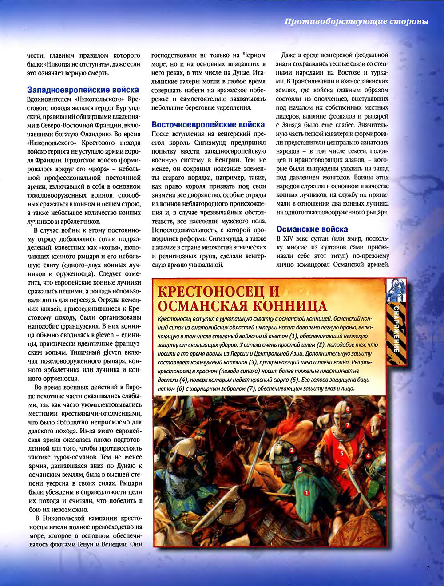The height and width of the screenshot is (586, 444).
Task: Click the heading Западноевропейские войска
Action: [x=83, y=90]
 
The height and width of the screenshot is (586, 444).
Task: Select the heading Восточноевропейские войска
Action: [x=208, y=125]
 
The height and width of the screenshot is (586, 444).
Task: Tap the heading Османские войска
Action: [x=312, y=229]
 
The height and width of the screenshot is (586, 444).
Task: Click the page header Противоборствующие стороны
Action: [x=356, y=21]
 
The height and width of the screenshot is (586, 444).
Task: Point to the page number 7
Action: [x=428, y=567]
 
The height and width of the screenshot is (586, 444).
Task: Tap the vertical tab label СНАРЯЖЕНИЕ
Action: [x=396, y=329]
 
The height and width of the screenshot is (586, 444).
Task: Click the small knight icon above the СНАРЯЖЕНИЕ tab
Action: [x=396, y=290]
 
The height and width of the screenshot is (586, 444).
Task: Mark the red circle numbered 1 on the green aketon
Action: [x=306, y=492]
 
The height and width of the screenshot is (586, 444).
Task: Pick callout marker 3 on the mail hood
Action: [x=300, y=468]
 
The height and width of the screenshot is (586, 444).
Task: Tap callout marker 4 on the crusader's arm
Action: [x=368, y=455]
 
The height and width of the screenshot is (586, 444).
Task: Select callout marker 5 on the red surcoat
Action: [x=342, y=454]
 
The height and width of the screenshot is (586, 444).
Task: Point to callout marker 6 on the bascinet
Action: [x=348, y=408]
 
